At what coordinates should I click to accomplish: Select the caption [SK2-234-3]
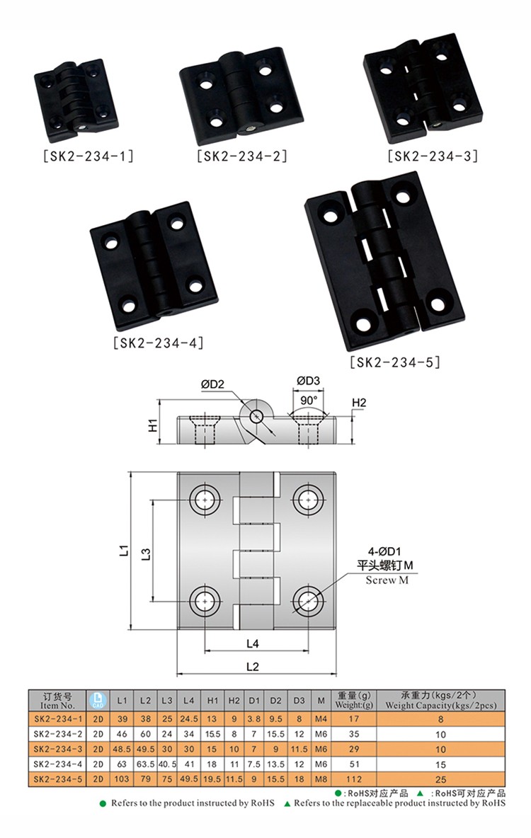tap(433, 155)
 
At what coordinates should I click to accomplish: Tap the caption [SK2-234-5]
tap(395, 362)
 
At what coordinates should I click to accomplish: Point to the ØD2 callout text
tap(212, 384)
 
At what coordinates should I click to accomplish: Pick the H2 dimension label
tap(360, 403)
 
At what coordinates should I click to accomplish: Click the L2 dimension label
tap(253, 666)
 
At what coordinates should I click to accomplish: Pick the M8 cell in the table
tap(321, 779)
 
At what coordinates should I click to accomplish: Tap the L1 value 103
tap(122, 779)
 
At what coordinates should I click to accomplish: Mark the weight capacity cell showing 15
tap(440, 764)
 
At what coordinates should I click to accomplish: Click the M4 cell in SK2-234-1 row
tap(321, 719)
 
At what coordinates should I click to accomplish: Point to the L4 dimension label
tap(253, 643)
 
